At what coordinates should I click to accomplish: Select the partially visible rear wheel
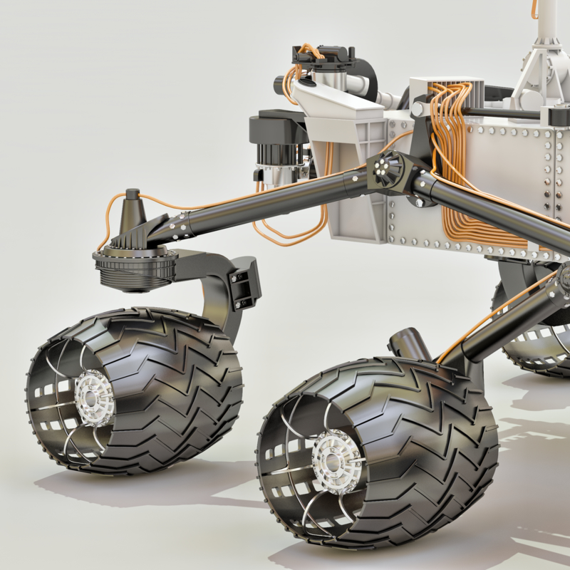(x=534, y=335)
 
